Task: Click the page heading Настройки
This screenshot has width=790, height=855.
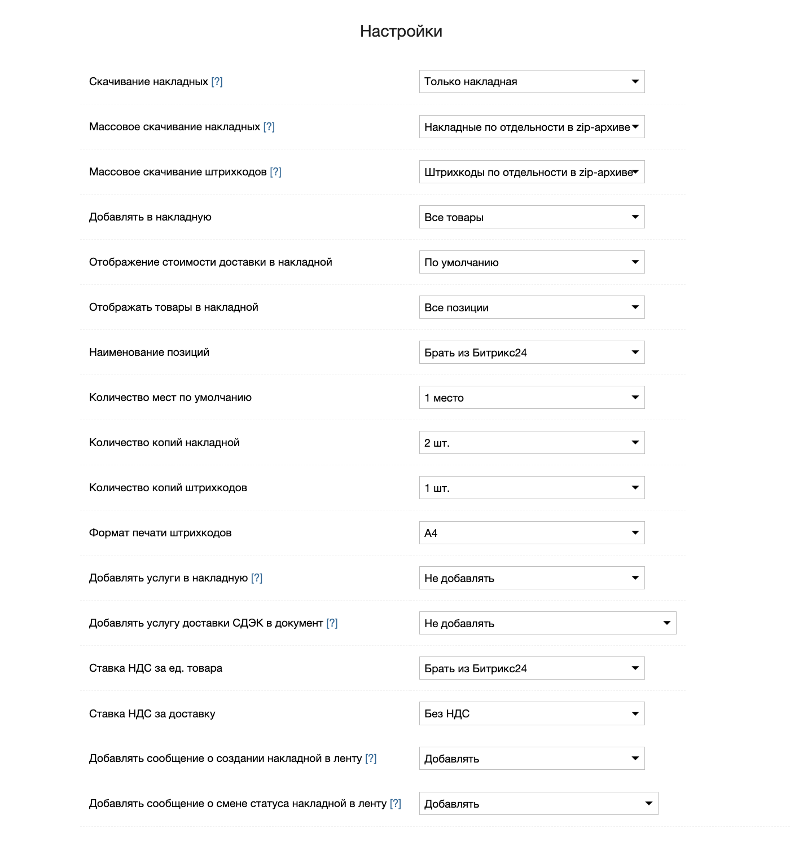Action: coord(401,31)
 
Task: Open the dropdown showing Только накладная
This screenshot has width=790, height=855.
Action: coord(531,82)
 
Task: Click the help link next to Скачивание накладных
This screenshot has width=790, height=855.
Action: coord(217,82)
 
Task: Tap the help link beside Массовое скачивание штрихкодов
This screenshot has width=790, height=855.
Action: coord(275,172)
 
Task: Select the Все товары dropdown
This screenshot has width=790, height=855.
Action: coord(531,217)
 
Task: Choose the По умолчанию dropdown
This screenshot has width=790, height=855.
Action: coord(531,262)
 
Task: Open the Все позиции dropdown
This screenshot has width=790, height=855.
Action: coord(531,307)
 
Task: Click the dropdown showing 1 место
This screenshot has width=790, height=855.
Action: coord(531,398)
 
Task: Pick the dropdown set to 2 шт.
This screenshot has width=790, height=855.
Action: coord(531,443)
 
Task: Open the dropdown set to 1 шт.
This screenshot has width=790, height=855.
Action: coord(531,488)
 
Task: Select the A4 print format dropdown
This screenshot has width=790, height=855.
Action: coord(531,533)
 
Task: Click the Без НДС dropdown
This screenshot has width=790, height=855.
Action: coord(531,713)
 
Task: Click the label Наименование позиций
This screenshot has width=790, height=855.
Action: coord(149,352)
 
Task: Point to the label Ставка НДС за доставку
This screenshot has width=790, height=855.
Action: coord(152,713)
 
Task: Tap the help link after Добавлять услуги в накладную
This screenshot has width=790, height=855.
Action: coord(257,578)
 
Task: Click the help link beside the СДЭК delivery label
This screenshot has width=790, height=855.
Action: coord(332,623)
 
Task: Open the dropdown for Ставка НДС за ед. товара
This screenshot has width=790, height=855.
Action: coord(531,668)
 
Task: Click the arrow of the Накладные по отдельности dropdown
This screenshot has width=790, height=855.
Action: coord(635,127)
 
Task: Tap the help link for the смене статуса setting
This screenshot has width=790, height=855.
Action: coord(396,804)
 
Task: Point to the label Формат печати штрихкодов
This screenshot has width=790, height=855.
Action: coord(160,533)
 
